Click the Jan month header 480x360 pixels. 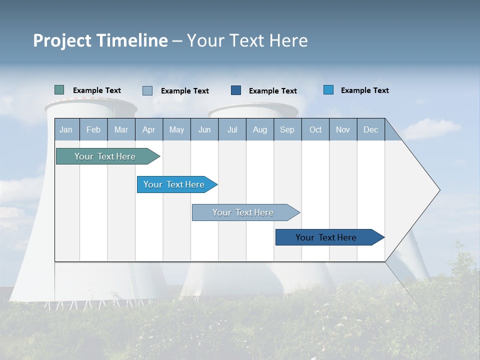(x=66, y=129)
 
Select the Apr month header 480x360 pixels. (x=148, y=129)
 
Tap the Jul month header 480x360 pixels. (x=232, y=129)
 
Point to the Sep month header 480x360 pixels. (x=287, y=129)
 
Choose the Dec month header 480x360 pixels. (x=370, y=129)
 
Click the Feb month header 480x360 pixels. (x=93, y=129)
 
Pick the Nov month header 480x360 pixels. (x=342, y=129)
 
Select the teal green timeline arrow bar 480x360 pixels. (x=105, y=156)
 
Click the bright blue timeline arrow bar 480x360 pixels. (x=174, y=184)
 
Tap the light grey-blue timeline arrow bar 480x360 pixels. (x=243, y=212)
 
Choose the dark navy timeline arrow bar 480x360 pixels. (x=326, y=237)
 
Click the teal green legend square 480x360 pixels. (x=59, y=90)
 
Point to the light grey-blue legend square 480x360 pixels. (x=147, y=90)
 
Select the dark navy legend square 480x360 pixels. (x=236, y=90)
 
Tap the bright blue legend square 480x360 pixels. (x=328, y=90)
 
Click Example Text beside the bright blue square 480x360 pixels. (x=364, y=90)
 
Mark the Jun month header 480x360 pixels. (x=204, y=129)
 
